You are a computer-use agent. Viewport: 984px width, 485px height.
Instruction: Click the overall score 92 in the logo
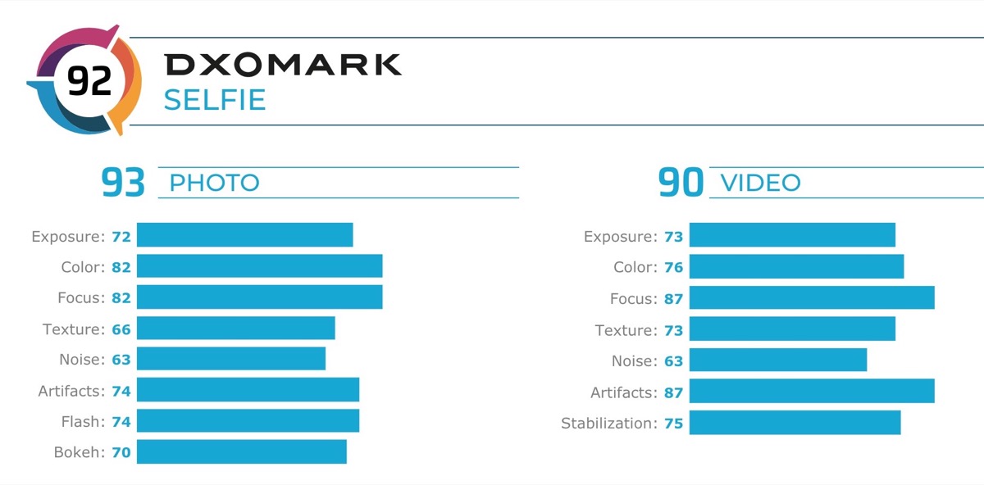89,81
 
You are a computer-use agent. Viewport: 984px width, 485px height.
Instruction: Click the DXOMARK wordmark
282,65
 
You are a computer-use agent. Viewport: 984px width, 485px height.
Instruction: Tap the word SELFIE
215,100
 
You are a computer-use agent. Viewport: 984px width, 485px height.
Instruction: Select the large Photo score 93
123,183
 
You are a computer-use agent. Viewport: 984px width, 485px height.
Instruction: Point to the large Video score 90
681,183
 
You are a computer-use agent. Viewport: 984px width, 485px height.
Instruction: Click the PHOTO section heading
214,183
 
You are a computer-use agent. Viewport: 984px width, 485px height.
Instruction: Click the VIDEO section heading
760,183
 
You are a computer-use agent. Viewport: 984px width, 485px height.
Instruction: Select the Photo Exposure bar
244,235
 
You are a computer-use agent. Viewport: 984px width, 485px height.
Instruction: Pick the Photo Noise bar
231,359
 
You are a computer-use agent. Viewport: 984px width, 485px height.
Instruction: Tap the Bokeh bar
241,451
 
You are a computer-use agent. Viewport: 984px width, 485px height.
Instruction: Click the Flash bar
248,421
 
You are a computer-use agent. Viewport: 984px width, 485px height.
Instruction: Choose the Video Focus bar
812,298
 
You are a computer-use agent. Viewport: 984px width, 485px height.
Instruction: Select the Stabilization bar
795,423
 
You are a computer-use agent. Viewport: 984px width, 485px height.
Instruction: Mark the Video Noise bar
777,360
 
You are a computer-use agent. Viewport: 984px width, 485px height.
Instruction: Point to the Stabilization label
608,424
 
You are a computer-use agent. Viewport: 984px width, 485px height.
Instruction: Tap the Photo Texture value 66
121,329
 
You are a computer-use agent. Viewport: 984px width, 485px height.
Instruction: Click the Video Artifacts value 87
673,393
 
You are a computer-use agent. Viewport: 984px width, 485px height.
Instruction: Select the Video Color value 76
673,268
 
